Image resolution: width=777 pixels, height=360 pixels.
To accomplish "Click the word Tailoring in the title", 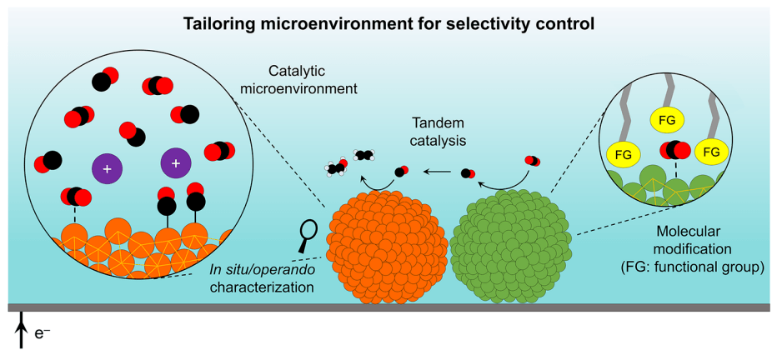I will pos(219,24).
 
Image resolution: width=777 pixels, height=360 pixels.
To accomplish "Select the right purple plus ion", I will pos(175,164).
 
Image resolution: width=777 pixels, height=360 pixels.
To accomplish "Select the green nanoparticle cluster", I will pos(511,247).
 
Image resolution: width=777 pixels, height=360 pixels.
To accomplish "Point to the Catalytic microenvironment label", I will pos(313,79).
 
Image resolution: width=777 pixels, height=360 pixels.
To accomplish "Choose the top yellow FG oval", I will pos(667,119).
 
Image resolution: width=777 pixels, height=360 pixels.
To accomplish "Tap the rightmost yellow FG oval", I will pos(711,152).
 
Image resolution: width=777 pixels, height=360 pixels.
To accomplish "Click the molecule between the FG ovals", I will pos(673,150).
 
